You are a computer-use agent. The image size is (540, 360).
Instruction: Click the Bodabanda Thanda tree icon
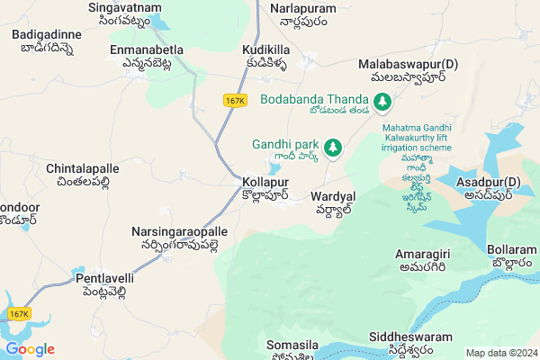click(382, 101)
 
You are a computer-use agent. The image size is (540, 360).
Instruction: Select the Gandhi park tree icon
click(333, 145)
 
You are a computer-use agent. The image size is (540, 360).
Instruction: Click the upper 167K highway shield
click(235, 101)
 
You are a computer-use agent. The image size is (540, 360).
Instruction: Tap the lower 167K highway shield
click(19, 313)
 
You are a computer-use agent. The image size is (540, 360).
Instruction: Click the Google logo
click(30, 349)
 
